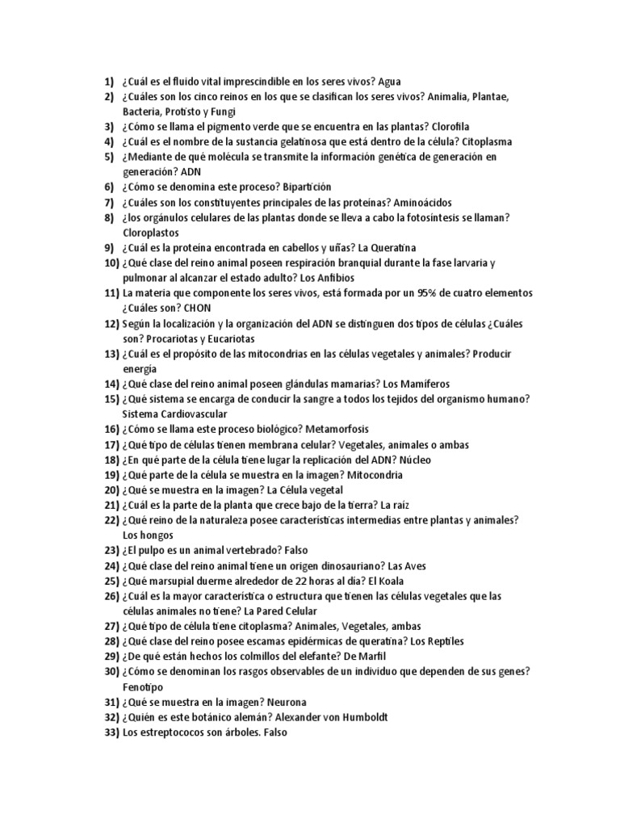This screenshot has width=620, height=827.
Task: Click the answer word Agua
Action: (389, 82)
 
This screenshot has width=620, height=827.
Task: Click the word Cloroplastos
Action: (153, 232)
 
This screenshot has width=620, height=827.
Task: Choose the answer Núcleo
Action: (413, 460)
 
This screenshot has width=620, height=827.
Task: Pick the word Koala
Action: (386, 580)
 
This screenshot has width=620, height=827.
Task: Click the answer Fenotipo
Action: (143, 686)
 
